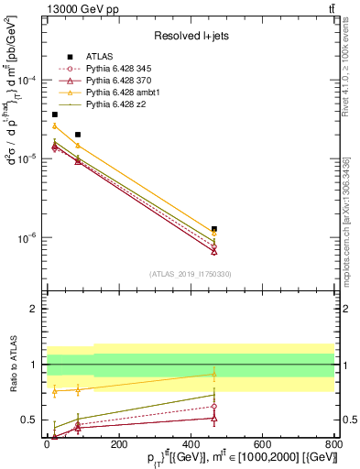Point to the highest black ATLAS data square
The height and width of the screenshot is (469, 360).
tap(55, 115)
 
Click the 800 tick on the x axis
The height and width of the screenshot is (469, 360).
tap(333, 442)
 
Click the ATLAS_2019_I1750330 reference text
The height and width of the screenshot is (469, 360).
tap(191, 274)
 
